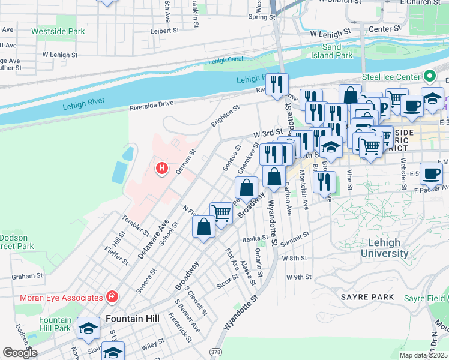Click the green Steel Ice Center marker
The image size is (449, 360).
pyautogui.click(x=430, y=77)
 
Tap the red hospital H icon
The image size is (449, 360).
pyautogui.click(x=161, y=169)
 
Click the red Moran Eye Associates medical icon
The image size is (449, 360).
pyautogui.click(x=112, y=297)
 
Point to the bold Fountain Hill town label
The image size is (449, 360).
pyautogui.click(x=132, y=318)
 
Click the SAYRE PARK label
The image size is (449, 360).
pyautogui.click(x=367, y=297)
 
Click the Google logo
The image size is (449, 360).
pyautogui.click(x=20, y=353)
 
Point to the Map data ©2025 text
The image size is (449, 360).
pyautogui.click(x=423, y=355)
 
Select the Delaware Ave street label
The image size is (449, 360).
pyautogui.click(x=153, y=239)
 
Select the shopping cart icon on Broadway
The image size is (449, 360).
pyautogui.click(x=221, y=212)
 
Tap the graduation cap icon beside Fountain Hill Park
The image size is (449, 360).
pyautogui.click(x=88, y=327)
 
